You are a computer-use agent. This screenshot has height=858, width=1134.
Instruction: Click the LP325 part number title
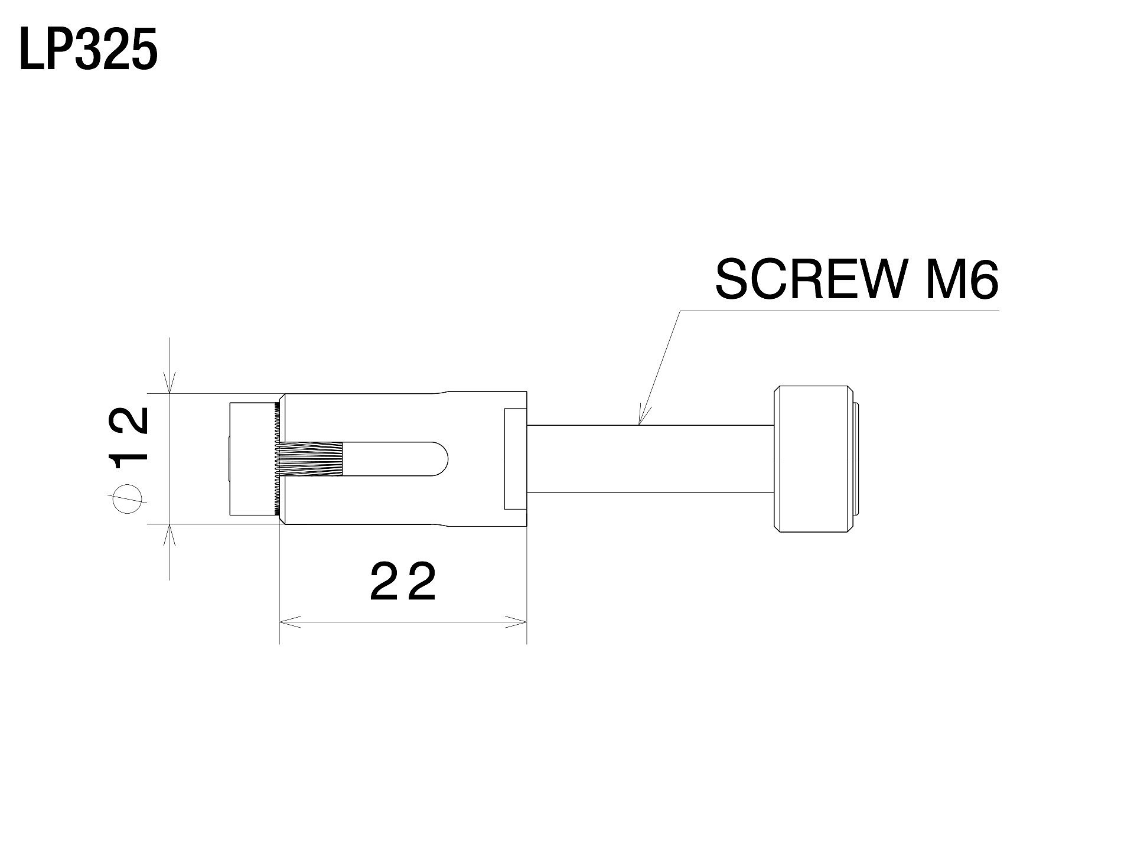pyautogui.click(x=89, y=51)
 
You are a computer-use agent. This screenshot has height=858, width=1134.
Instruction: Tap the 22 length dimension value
pyautogui.click(x=403, y=582)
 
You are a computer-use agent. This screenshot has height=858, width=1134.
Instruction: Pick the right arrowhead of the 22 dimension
pyautogui.click(x=515, y=621)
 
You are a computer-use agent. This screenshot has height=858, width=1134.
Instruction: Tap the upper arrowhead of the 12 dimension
pyautogui.click(x=170, y=383)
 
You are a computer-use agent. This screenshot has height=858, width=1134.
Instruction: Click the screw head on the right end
pyautogui.click(x=815, y=459)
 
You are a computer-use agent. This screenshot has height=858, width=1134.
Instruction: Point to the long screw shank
pyautogui.click(x=650, y=459)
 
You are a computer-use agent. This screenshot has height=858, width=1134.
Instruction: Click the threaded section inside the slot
pyautogui.click(x=313, y=459)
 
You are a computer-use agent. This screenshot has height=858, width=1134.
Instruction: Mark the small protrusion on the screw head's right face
pyautogui.click(x=856, y=459)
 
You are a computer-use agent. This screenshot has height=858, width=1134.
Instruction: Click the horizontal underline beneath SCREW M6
pyautogui.click(x=839, y=311)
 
